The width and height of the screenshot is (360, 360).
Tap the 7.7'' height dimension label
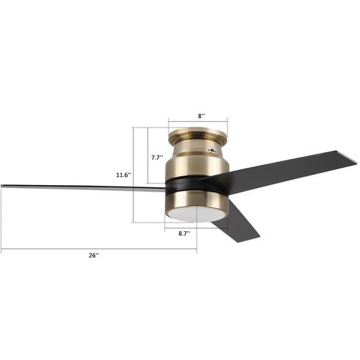click(x=157, y=157)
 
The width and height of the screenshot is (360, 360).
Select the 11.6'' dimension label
click(x=123, y=175)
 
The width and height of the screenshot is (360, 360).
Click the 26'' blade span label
click(x=94, y=256)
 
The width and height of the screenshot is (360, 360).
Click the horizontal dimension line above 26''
click(x=99, y=249)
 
